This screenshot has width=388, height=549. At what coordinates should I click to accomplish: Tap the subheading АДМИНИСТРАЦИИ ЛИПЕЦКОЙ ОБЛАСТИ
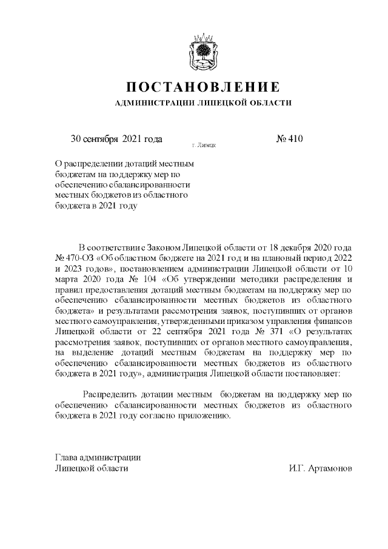pyautogui.click(x=203, y=103)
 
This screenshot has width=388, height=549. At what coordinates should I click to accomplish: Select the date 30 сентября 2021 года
pyautogui.click(x=116, y=138)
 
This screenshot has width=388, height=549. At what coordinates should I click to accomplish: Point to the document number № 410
pyautogui.click(x=289, y=138)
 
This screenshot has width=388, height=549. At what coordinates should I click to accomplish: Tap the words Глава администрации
pyautogui.click(x=97, y=457)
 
